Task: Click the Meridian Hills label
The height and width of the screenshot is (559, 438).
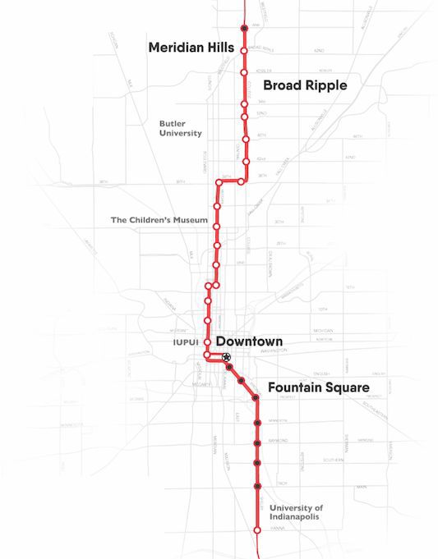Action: [x=191, y=48]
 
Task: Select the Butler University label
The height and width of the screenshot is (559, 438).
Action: [x=181, y=128]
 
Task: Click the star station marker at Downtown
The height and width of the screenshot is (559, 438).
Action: [x=226, y=356]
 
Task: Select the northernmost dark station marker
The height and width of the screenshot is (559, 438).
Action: [x=244, y=29]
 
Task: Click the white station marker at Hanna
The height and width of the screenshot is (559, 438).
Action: [x=257, y=531]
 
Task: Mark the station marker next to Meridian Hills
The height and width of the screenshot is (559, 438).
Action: [x=244, y=50]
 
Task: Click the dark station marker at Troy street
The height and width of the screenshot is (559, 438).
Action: [x=257, y=485]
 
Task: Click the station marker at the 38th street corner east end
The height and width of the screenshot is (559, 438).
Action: [x=241, y=181]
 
